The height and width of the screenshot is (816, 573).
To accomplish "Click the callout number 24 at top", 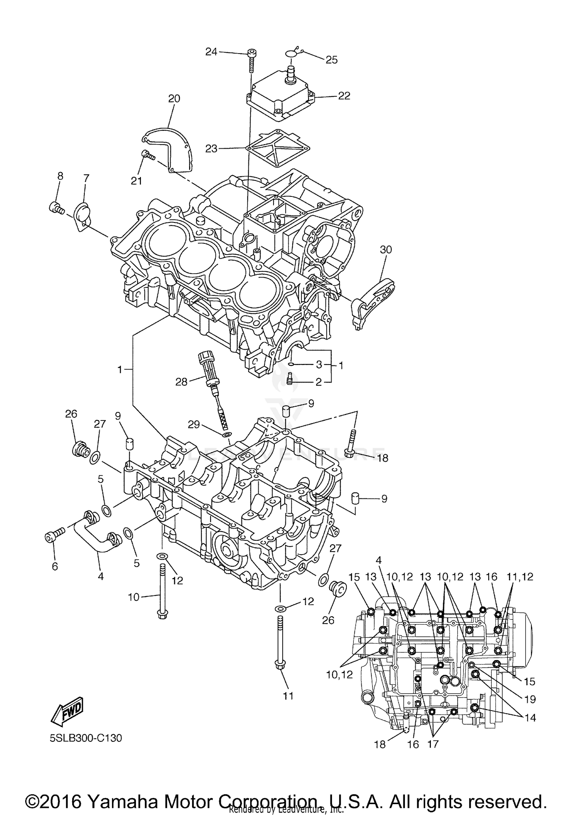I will (x=211, y=51).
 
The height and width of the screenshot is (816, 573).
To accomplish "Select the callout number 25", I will (x=331, y=60).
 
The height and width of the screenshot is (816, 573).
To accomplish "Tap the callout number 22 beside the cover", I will (x=344, y=96).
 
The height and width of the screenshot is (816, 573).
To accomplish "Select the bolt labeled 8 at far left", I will (x=56, y=208).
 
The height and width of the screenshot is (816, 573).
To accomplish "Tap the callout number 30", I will (x=386, y=250).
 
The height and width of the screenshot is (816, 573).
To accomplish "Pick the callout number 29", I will (x=193, y=424).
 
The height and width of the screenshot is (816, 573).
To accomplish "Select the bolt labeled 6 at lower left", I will (x=53, y=537).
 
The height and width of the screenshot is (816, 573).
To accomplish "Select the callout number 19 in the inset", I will (x=530, y=699).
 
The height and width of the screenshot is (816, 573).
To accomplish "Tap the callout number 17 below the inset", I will (x=433, y=744).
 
